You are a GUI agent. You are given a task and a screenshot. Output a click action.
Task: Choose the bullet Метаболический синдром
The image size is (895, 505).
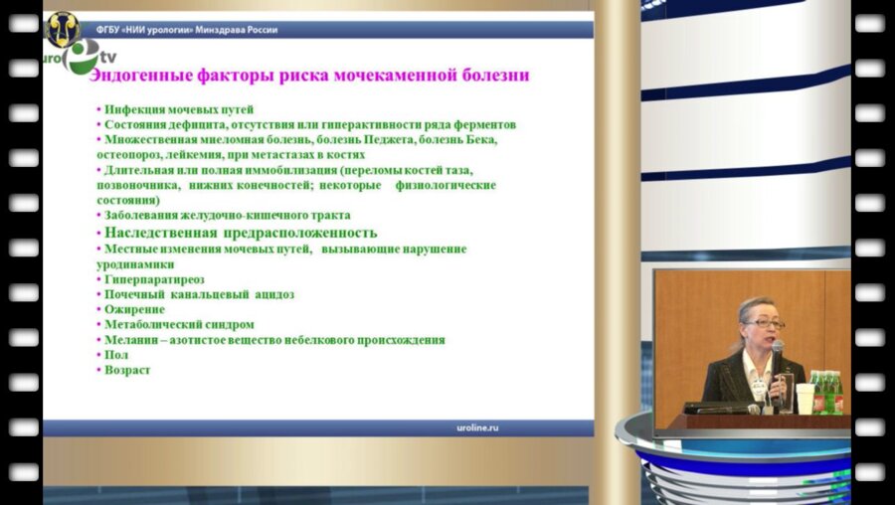(x=179, y=324)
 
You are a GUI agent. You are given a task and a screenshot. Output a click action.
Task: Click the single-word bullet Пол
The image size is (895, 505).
(x=116, y=355)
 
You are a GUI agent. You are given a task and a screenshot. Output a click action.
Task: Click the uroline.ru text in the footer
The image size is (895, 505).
(x=469, y=426)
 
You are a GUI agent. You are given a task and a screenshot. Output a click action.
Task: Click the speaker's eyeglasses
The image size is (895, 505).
(x=755, y=324)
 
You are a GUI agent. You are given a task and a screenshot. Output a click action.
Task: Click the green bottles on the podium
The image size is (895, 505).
(x=824, y=390)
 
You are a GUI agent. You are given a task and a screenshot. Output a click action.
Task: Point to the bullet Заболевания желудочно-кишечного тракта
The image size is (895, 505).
(x=227, y=215)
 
